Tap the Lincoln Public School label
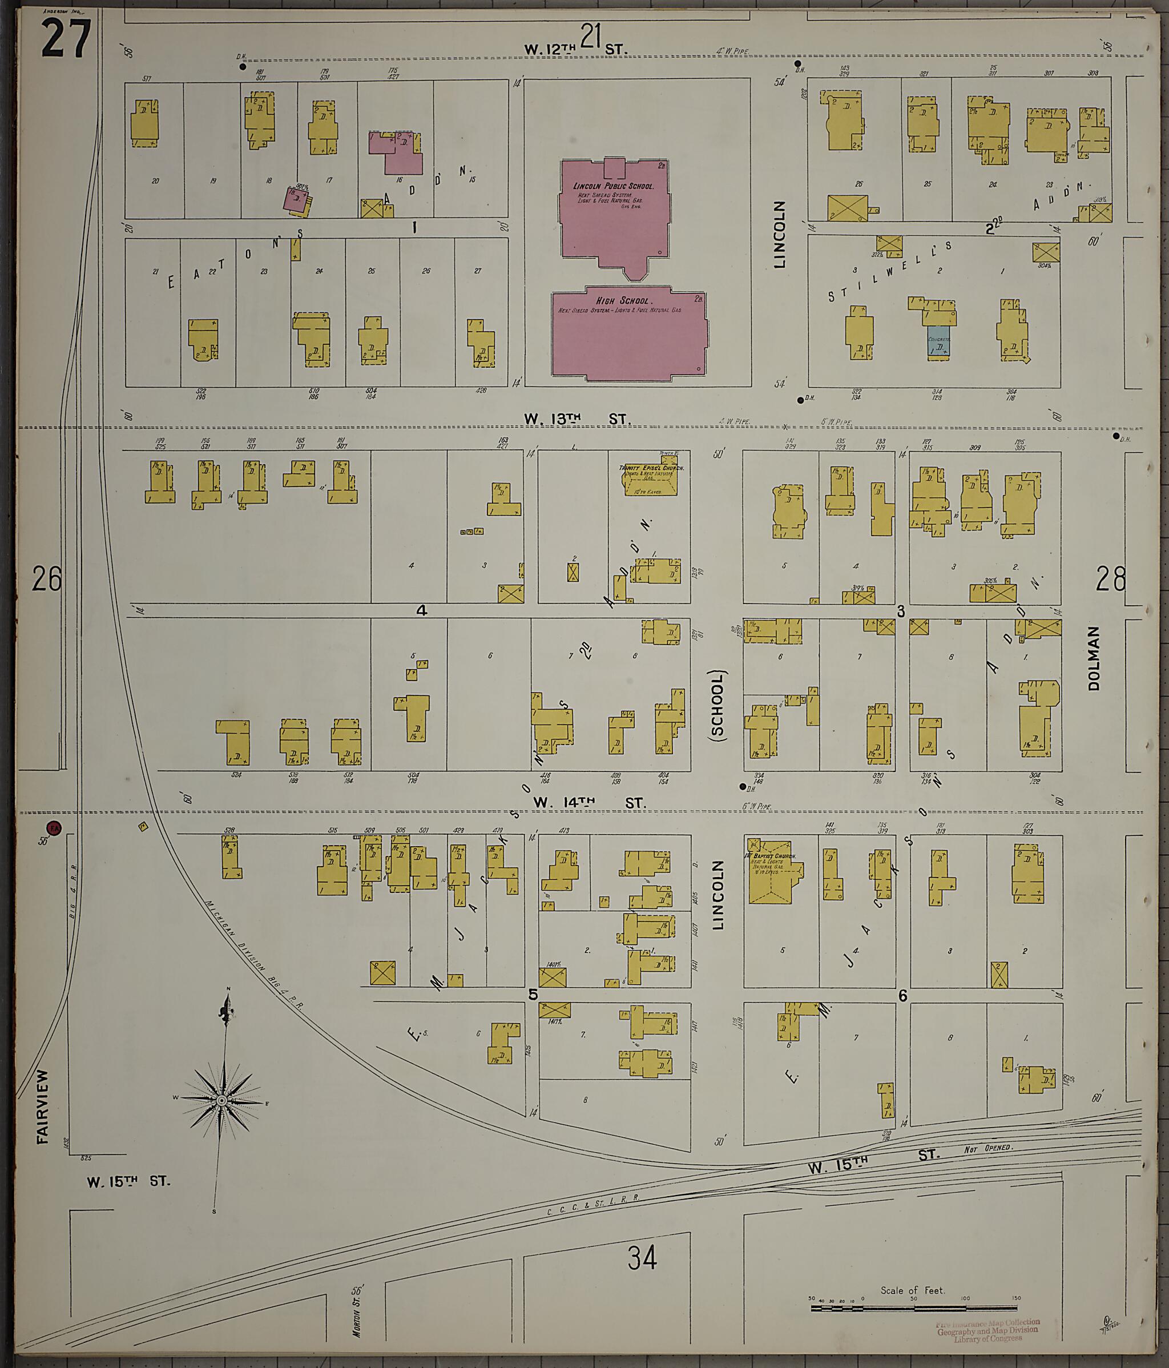(x=613, y=186)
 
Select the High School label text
(x=624, y=300)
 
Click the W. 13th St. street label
(x=577, y=419)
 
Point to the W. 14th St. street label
(x=589, y=803)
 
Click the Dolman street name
(x=1094, y=658)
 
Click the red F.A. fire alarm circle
(x=54, y=828)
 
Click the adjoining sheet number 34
(x=642, y=1259)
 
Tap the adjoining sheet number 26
(x=46, y=579)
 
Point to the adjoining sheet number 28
(x=1110, y=580)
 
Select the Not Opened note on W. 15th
(x=987, y=1149)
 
